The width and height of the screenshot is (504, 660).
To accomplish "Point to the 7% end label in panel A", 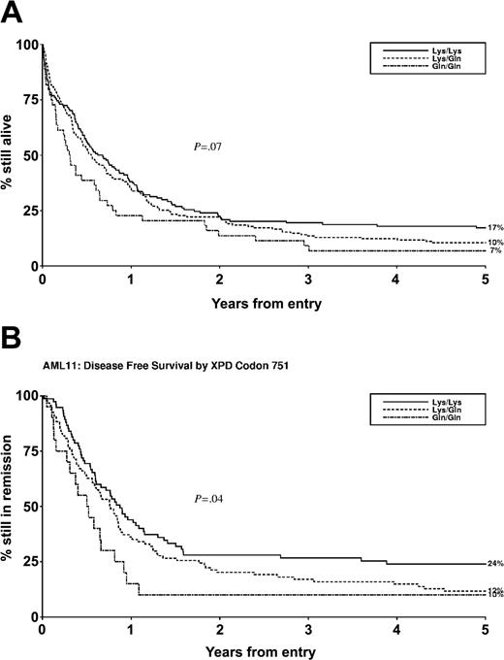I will (493, 251).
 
